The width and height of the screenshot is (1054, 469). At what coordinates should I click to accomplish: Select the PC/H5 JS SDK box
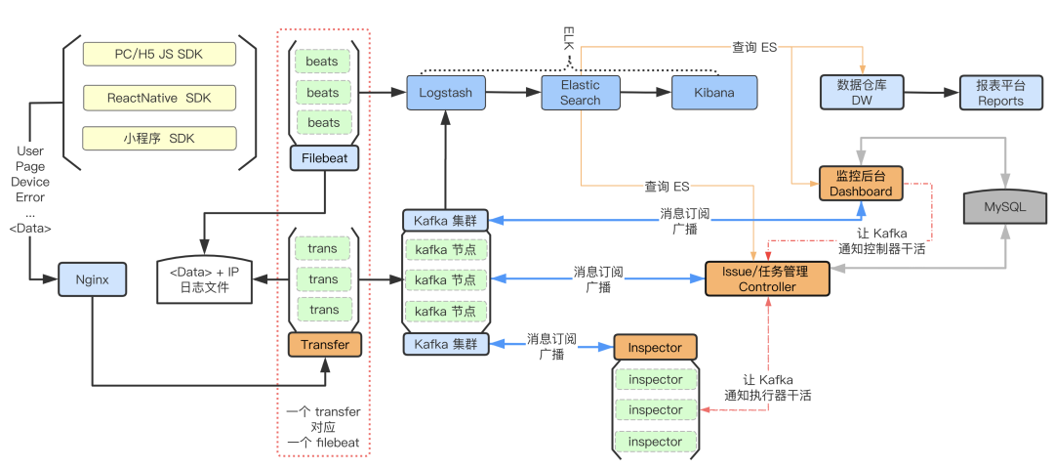pos(159,54)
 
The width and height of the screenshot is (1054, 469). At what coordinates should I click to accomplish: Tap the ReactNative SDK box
pos(159,98)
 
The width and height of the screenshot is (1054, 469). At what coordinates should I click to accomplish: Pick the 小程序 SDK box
pos(159,139)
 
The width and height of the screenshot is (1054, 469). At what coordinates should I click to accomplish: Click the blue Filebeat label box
pos(324,158)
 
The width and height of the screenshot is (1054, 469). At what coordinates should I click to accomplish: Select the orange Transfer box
pos(324,345)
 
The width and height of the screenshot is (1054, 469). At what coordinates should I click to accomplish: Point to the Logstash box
pos(445,93)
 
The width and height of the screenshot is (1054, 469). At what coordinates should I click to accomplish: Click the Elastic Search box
pos(580,93)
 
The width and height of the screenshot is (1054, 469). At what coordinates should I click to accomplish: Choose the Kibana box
pos(715,93)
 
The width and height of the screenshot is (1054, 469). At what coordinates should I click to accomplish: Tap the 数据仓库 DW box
pos(862,93)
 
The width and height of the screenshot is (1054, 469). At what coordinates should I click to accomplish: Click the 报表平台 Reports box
pos(1000,93)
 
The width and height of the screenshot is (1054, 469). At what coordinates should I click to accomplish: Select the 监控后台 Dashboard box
pos(861,184)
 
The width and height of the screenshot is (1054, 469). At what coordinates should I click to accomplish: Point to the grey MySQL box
pos(1004,207)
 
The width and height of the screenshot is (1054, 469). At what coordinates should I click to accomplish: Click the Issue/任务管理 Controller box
pos(767,279)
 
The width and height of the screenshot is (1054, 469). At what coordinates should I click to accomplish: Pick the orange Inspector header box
pos(655,348)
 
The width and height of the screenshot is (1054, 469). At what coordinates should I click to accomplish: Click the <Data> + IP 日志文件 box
pos(204,278)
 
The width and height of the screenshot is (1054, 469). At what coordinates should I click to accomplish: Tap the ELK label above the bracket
pos(568,40)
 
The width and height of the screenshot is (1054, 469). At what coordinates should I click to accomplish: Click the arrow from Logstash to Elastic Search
pos(513,93)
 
